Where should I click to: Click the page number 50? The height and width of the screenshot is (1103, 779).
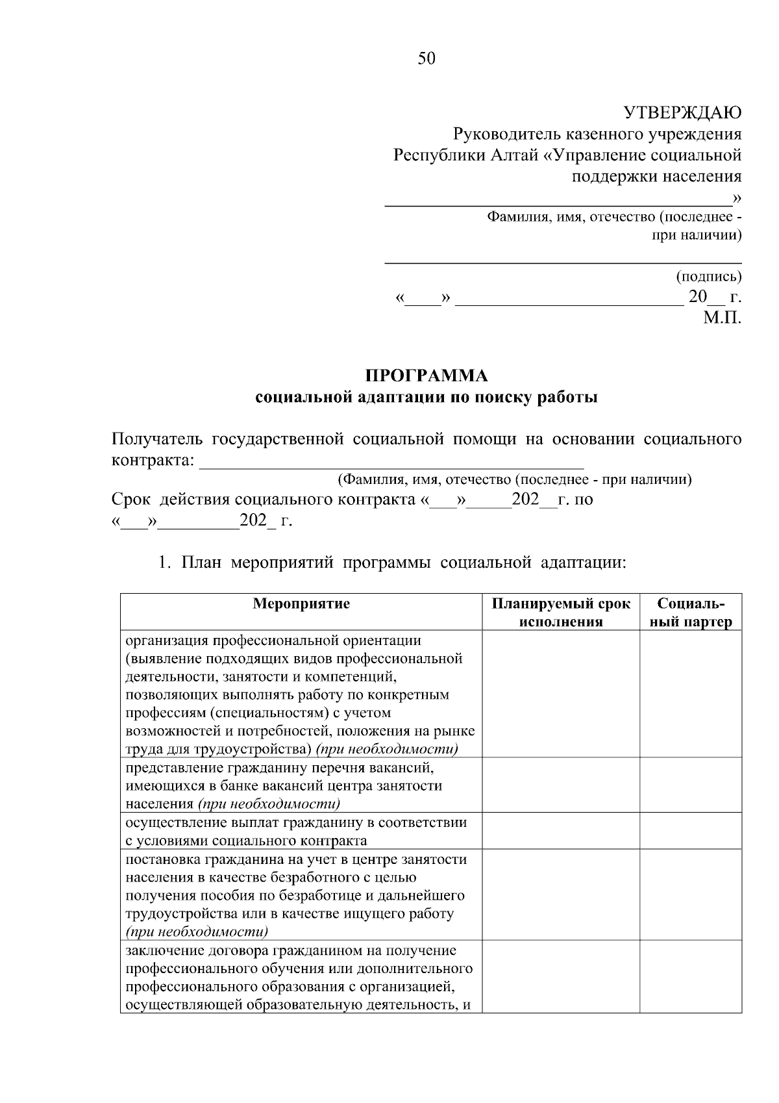427,59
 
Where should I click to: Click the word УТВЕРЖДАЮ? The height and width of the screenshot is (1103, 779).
682,113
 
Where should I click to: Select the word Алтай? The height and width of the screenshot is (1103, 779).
513,155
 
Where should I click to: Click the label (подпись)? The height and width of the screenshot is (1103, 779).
708,277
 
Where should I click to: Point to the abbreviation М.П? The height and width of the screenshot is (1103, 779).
722,318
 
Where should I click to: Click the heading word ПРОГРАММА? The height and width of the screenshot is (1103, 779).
427,376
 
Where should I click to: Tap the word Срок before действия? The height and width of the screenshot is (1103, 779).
130,500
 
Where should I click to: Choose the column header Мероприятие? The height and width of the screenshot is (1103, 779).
301,603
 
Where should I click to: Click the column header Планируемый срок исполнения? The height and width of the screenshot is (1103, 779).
561,613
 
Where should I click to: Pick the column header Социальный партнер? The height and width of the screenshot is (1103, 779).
691,613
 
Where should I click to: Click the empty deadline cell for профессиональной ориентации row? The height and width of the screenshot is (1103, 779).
561,694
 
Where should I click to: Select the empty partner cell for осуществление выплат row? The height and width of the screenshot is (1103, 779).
691,831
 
